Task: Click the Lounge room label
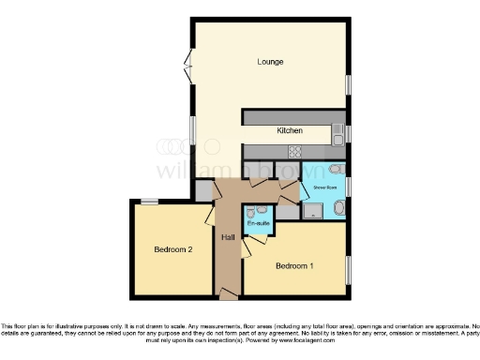click(x=270, y=62)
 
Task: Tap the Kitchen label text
click(x=289, y=131)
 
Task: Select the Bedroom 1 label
click(x=293, y=265)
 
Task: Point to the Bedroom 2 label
click(x=173, y=249)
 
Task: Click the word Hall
click(x=228, y=237)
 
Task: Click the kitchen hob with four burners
click(x=293, y=151)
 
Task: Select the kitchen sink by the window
click(x=337, y=138)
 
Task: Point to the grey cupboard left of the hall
click(x=204, y=188)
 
